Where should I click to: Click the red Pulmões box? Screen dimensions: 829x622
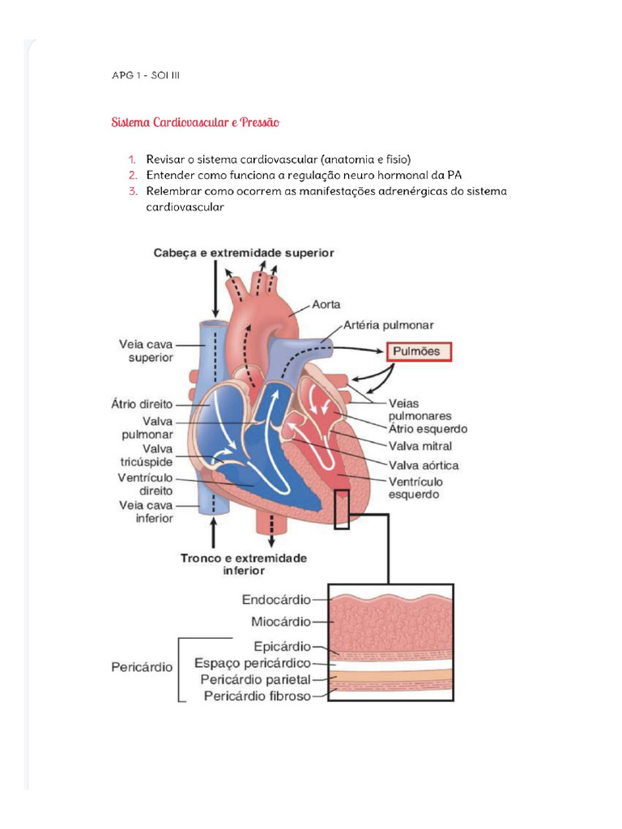(418, 352)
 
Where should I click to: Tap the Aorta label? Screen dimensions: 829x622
(326, 305)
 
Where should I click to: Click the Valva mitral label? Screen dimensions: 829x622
(420, 446)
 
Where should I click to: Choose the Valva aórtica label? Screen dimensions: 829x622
(424, 465)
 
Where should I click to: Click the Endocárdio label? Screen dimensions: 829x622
(276, 601)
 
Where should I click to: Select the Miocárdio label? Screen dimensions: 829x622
(280, 622)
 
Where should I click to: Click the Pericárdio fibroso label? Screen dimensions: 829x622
(258, 695)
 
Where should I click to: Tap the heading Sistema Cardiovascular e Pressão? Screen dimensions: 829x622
(195, 123)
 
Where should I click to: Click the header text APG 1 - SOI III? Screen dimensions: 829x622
(146, 76)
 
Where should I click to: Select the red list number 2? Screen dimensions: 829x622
(131, 175)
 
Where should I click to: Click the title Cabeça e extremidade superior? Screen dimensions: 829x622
(244, 253)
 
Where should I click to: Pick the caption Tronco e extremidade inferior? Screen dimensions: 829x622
(244, 564)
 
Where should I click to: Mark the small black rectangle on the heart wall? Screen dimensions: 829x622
(342, 509)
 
